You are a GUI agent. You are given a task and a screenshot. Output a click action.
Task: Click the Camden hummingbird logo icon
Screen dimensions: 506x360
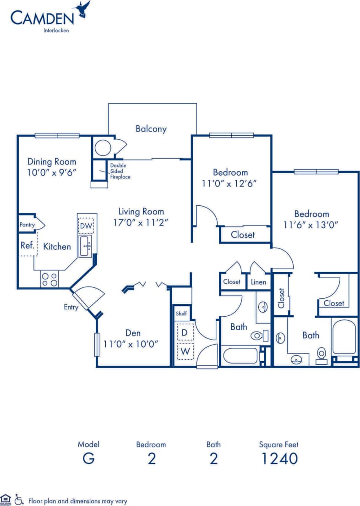tap(82, 10)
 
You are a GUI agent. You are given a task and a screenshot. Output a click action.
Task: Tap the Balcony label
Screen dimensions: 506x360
tap(151, 129)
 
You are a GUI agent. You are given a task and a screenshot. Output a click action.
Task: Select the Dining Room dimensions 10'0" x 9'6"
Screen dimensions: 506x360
tap(52, 172)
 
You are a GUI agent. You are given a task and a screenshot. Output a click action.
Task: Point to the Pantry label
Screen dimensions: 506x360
tap(27, 225)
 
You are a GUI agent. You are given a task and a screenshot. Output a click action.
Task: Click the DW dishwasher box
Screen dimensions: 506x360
tap(86, 225)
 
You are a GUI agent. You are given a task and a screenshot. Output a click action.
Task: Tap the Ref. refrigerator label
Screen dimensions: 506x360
tap(27, 245)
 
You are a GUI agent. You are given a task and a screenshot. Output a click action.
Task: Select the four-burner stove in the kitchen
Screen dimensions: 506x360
tap(49, 280)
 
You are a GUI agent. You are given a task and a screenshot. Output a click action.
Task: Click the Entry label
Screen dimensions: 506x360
tap(71, 307)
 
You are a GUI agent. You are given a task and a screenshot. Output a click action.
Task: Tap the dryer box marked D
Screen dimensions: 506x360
tap(185, 332)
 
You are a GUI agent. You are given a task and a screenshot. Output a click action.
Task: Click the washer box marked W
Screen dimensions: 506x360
tap(185, 351)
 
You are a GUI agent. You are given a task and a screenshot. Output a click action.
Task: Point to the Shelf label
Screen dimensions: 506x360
tap(181, 314)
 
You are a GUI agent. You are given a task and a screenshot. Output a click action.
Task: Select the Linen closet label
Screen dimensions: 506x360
tap(258, 282)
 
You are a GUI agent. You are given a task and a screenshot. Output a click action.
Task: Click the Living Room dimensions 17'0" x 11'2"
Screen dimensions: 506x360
tap(141, 223)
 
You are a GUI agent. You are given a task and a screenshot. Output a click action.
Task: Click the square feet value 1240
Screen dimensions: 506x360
tap(279, 458)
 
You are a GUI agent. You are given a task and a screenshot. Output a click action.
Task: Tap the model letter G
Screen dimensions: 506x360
tap(88, 458)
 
